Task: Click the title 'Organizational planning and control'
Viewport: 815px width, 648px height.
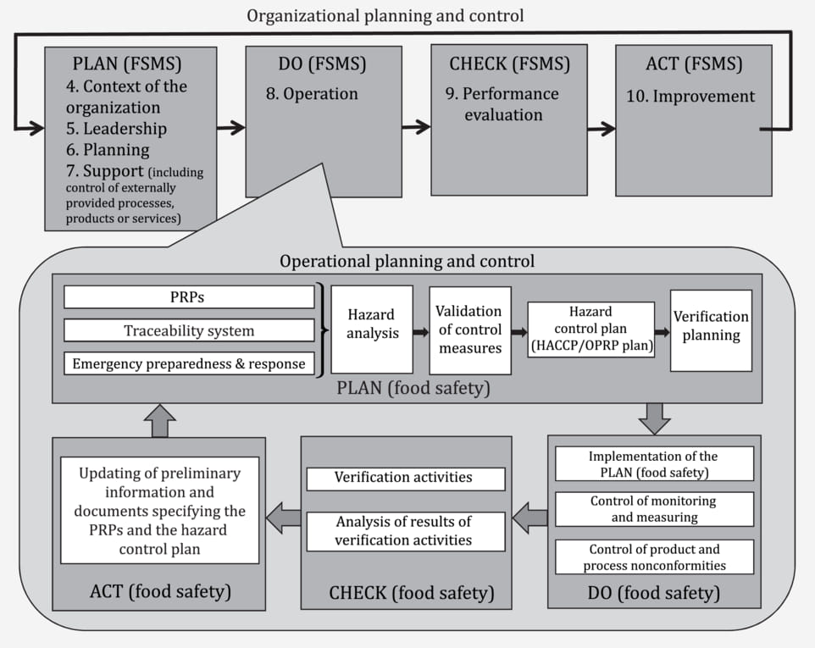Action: point(385,15)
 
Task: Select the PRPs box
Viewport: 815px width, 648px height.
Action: point(189,297)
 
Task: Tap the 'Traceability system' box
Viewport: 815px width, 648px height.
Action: point(189,330)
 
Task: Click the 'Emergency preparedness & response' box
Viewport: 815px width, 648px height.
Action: point(189,363)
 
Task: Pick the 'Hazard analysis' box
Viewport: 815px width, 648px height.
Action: point(372,330)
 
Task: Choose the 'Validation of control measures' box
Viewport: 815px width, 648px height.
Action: point(470,330)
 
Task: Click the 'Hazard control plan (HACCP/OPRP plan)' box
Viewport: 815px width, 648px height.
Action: point(591,330)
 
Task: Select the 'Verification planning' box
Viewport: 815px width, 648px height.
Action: point(711,330)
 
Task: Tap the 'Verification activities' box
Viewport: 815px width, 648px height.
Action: point(406,479)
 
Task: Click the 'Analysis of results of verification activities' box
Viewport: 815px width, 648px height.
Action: point(406,532)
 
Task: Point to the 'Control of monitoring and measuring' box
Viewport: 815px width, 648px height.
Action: point(654,509)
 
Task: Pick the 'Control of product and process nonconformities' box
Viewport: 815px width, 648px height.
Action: point(654,557)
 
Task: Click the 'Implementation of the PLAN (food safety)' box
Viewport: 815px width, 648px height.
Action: point(654,463)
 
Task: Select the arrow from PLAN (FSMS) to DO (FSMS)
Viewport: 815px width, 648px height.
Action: point(230,127)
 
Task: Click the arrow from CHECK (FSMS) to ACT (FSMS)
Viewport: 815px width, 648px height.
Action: point(602,129)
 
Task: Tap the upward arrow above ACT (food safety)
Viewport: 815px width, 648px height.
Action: point(160,421)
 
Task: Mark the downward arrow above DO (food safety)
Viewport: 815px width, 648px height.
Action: point(654,418)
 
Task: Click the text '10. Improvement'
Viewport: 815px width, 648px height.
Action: point(690,96)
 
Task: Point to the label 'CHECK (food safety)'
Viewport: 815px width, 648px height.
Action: point(412,592)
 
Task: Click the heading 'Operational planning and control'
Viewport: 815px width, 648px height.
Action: point(407,261)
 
